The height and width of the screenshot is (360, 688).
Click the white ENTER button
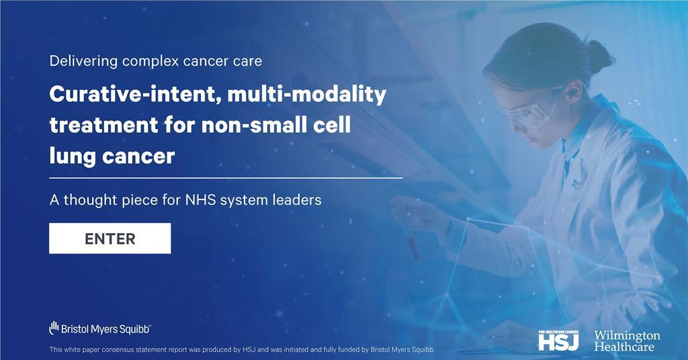tap(110, 238)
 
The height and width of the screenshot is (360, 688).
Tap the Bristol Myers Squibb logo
tap(100, 328)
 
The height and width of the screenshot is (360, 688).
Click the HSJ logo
tap(558, 340)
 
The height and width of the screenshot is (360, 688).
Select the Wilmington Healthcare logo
tap(627, 341)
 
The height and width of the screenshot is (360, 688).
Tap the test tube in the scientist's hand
tap(415, 238)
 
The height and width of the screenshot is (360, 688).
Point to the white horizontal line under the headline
tap(226, 178)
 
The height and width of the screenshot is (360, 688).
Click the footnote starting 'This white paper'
tap(243, 349)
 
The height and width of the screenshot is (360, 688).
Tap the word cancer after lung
tap(137, 156)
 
